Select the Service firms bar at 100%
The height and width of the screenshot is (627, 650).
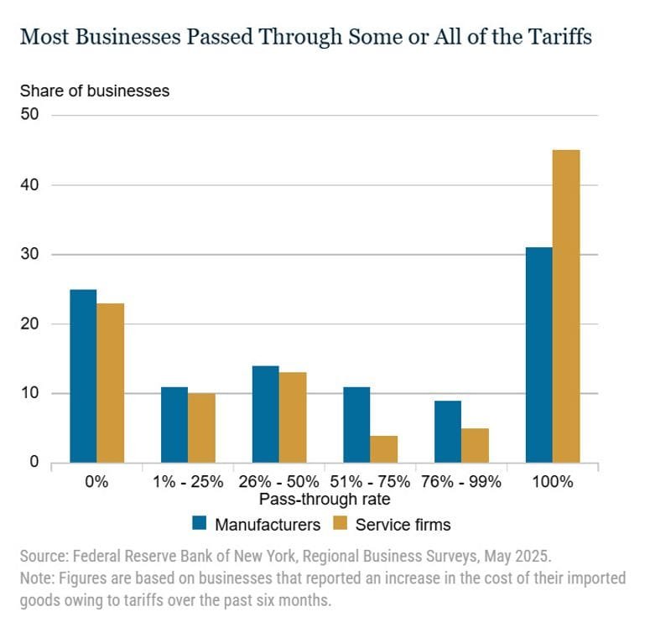pos(566,306)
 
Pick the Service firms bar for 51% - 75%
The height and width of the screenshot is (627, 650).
pos(383,448)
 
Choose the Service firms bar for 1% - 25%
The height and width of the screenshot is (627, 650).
pos(201,427)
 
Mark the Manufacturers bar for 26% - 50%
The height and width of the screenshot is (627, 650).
pos(265,414)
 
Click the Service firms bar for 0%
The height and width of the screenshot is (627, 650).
pos(110,382)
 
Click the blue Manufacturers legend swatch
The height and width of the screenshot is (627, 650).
pos(200,525)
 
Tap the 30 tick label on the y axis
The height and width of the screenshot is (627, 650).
pos(30,254)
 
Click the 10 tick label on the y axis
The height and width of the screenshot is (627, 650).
pos(30,393)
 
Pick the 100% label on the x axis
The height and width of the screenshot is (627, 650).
pos(552,482)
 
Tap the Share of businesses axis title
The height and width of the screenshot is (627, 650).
pos(95,91)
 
